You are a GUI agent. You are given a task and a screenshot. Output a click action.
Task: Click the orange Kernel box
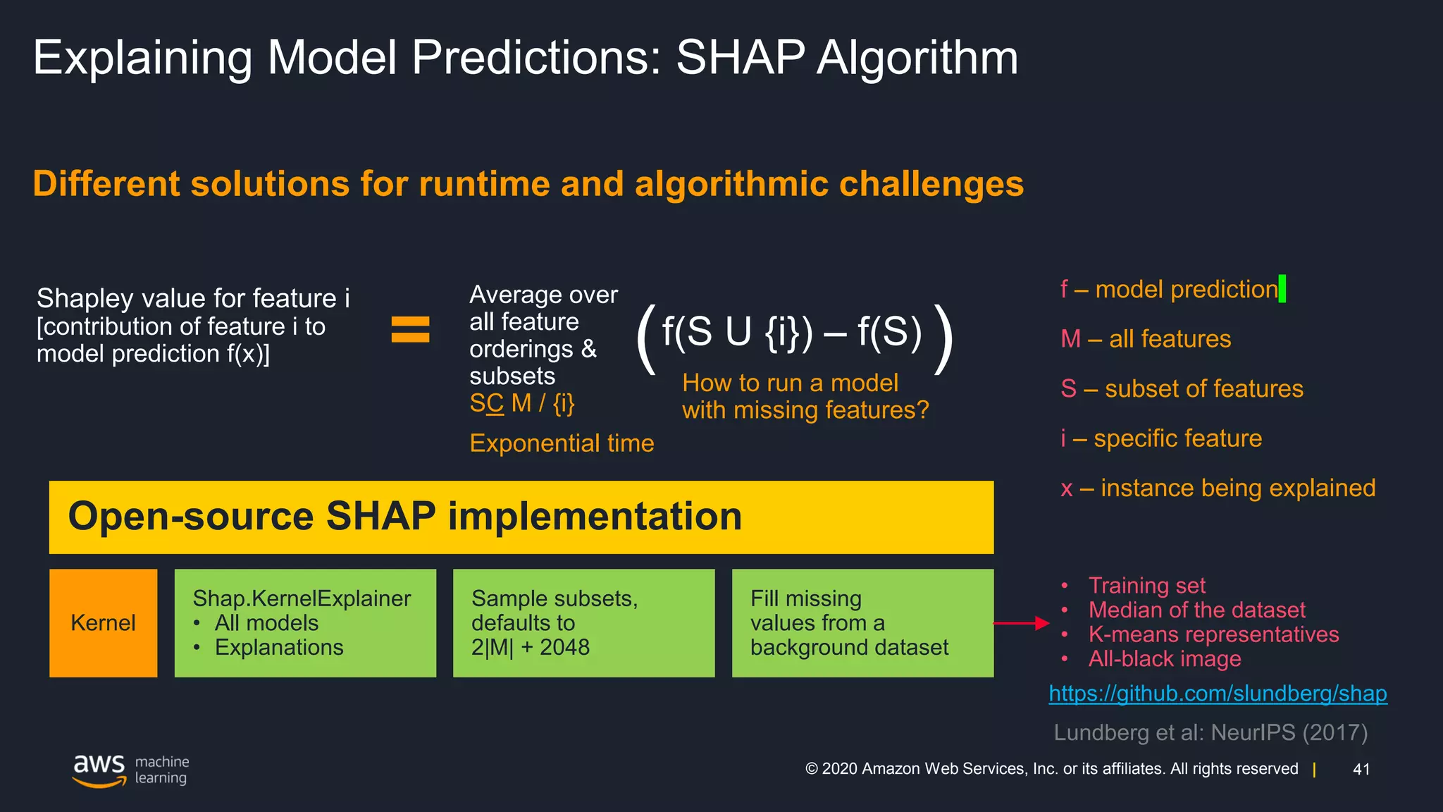pos(103,623)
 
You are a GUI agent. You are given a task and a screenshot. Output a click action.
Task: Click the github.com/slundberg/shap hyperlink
pos(1218,694)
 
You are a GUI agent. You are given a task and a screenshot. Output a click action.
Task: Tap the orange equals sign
pos(410,329)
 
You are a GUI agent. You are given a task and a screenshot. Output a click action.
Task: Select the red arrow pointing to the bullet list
pos(1021,623)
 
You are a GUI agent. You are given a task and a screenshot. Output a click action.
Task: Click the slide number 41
pos(1361,769)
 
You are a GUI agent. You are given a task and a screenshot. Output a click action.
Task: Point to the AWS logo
pos(99,770)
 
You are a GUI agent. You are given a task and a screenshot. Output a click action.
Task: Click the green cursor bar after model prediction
pos(1282,288)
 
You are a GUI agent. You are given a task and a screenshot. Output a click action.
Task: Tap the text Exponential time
pos(562,443)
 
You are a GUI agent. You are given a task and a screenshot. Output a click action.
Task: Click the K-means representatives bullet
pos(1213,634)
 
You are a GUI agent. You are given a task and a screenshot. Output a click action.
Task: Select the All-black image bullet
pos(1164,659)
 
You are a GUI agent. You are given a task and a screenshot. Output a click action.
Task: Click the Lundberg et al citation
pos(1210,732)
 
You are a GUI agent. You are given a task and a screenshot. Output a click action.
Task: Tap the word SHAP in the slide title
pos(740,58)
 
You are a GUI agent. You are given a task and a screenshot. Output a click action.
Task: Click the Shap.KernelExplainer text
pos(302,598)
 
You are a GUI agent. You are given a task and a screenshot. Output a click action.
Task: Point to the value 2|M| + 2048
pos(530,647)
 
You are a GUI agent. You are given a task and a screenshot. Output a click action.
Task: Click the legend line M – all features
pos(1146,339)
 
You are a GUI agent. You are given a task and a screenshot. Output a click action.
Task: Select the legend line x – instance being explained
pos(1218,488)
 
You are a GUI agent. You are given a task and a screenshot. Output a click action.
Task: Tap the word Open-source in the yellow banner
pos(190,517)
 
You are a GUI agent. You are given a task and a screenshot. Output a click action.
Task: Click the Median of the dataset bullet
pos(1196,610)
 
